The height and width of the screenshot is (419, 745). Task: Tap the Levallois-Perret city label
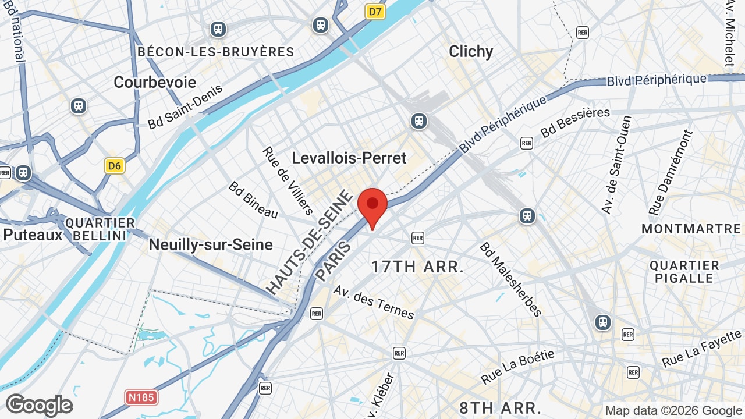[x=349, y=158]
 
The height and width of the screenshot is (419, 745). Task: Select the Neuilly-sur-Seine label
[x=211, y=244]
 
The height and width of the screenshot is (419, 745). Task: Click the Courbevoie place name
[x=155, y=82]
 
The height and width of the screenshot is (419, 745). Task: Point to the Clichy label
[x=471, y=51]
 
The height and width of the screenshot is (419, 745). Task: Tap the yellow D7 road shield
[x=376, y=11]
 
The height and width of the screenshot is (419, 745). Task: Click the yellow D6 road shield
[x=115, y=166]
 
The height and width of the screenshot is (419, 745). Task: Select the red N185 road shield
[x=141, y=397]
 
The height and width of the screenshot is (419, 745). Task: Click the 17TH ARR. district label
[x=418, y=267]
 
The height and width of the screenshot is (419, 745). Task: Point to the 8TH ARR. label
[x=501, y=407]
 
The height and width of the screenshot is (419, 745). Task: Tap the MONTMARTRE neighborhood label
[x=691, y=229]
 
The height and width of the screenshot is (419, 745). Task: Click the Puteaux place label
[x=33, y=235]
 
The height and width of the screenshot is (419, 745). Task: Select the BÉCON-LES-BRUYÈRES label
[x=216, y=52]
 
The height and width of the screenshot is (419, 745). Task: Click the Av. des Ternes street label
[x=374, y=302]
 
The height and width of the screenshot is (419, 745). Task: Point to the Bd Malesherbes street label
[x=510, y=279]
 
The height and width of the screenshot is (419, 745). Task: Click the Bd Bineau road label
[x=253, y=200]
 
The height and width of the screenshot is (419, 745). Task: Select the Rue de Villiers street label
[x=289, y=180]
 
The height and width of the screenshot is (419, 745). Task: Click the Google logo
[x=40, y=405]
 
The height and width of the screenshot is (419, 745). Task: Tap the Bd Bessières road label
[x=575, y=122]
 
